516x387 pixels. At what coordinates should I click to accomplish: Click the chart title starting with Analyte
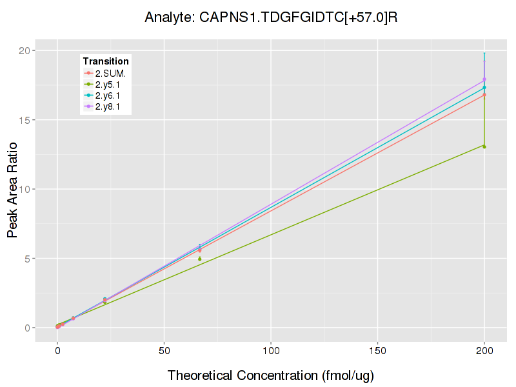271,17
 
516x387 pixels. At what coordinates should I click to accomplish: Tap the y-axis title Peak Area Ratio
12,189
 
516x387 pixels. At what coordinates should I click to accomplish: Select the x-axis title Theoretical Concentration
271,375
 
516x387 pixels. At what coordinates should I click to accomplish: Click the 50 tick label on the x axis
164,351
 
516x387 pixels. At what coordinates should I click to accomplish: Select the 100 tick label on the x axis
271,351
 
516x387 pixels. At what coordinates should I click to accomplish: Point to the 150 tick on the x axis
377,351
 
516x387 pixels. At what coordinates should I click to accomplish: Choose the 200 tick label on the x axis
484,351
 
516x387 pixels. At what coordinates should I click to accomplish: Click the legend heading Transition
106,61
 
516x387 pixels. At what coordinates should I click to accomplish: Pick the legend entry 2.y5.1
110,84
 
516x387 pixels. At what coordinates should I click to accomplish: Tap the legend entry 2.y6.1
110,95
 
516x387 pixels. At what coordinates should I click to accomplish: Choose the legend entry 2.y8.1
110,106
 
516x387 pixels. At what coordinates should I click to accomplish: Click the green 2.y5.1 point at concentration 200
484,146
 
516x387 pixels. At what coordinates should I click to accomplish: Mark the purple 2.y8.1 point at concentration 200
484,79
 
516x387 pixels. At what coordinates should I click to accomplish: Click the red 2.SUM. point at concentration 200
484,95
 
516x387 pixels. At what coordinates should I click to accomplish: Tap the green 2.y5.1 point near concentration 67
200,259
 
